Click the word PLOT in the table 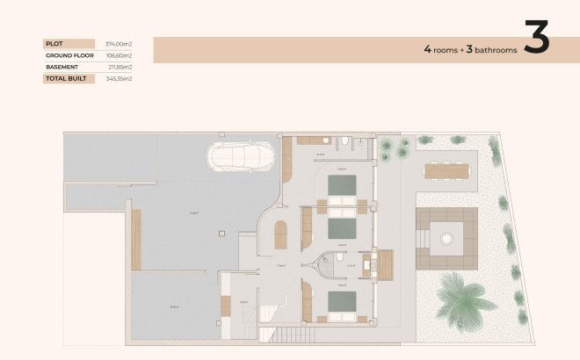click(x=54, y=43)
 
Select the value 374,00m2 click(x=118, y=43)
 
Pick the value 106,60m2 click(x=118, y=55)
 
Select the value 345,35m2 click(x=118, y=79)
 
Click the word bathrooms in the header click(x=492, y=51)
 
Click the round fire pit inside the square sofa click(x=446, y=238)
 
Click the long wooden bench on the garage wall click(x=136, y=228)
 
